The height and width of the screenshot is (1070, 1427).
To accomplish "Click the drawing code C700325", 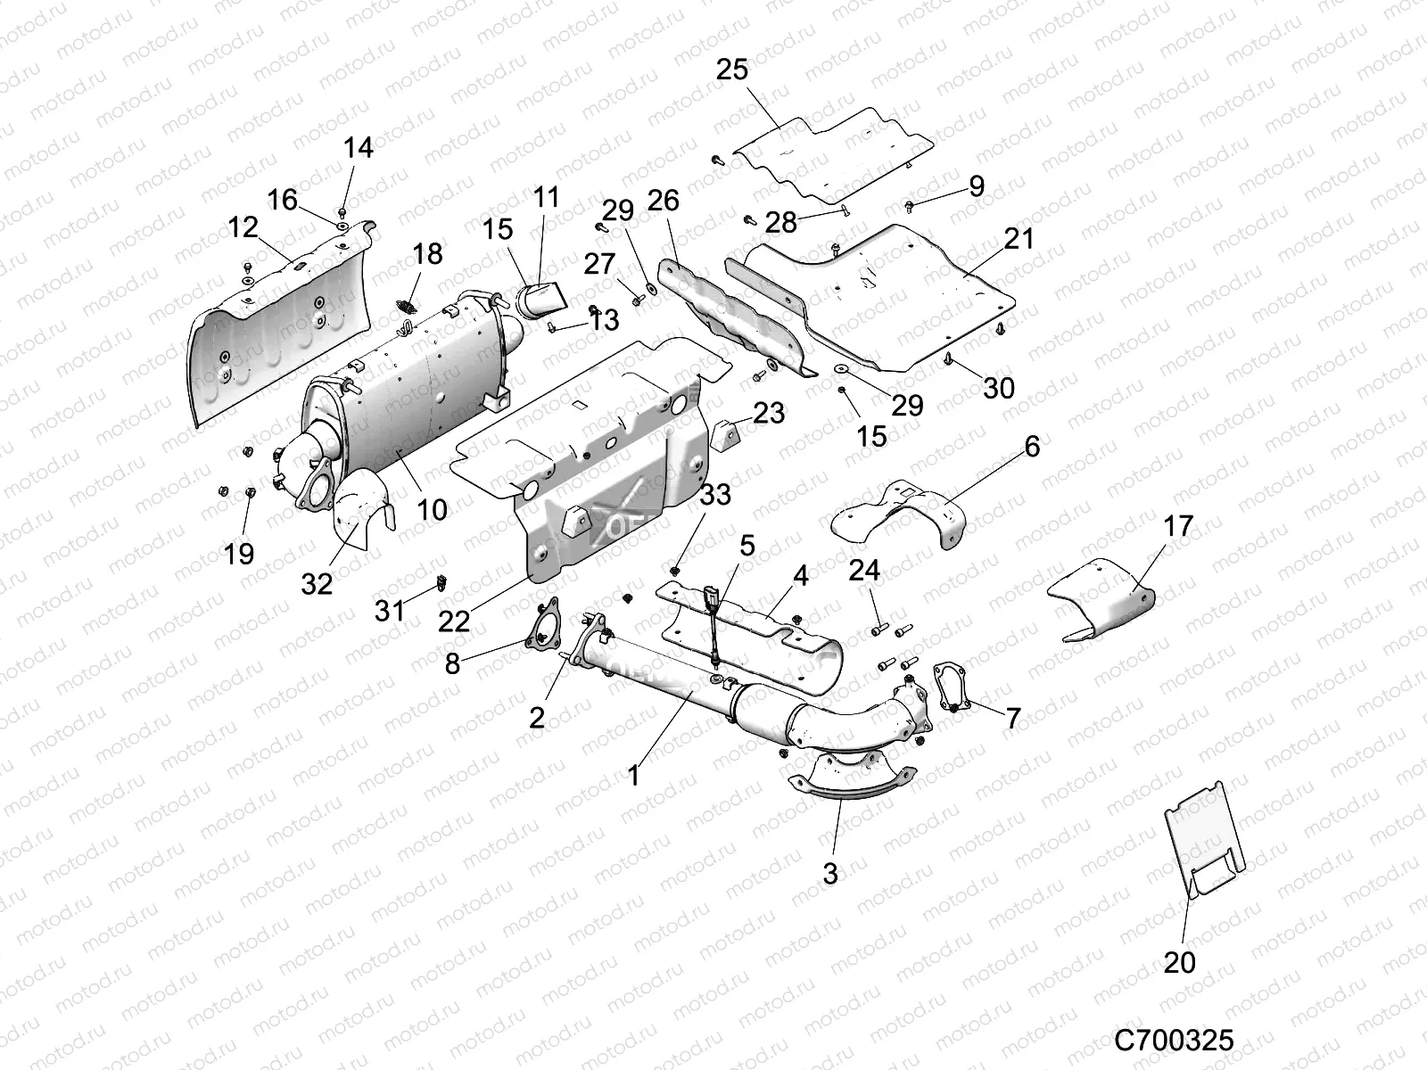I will pyautogui.click(x=1174, y=1040).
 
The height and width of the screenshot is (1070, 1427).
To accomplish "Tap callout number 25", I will pyautogui.click(x=732, y=70).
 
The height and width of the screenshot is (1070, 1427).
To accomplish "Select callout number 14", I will pyautogui.click(x=359, y=147).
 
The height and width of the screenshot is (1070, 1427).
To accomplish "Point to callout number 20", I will pyautogui.click(x=1180, y=963).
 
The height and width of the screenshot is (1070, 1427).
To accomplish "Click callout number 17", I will pyautogui.click(x=1178, y=526).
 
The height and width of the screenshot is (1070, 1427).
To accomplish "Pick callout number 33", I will pyautogui.click(x=715, y=494).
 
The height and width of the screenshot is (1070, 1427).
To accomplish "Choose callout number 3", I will pyautogui.click(x=830, y=873).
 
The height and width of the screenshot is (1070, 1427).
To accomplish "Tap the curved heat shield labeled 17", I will pyautogui.click(x=1101, y=602).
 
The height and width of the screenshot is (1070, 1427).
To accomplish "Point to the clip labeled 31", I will pyautogui.click(x=441, y=584).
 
